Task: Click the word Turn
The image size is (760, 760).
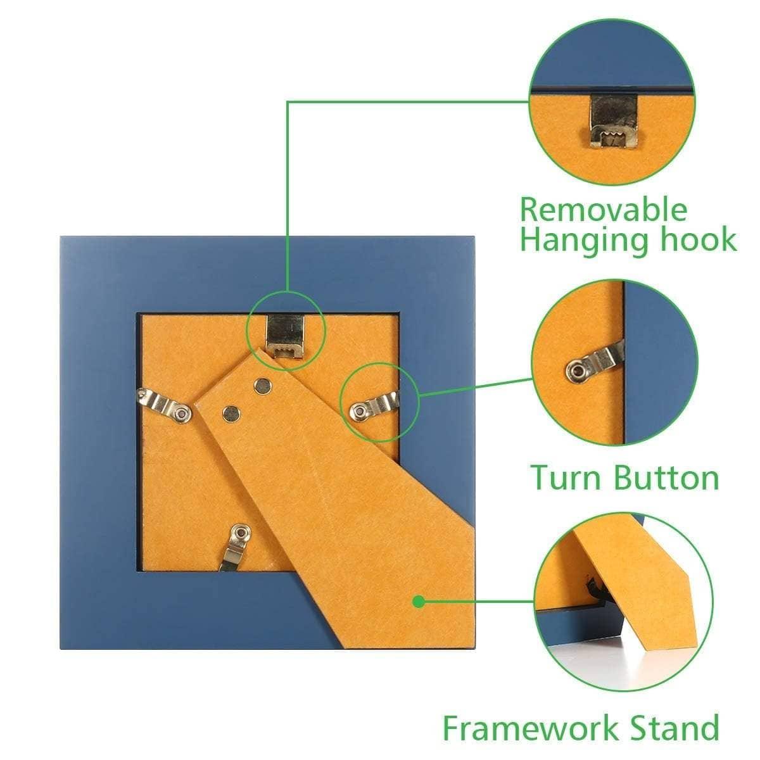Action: [567, 478]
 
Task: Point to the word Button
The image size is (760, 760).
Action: [666, 478]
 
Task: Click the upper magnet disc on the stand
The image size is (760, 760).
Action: [263, 386]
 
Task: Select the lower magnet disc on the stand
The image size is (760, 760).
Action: [232, 414]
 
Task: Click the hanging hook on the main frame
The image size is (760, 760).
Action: [286, 336]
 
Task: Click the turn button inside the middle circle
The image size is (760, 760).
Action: [594, 362]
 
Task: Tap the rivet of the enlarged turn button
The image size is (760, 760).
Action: [576, 370]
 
